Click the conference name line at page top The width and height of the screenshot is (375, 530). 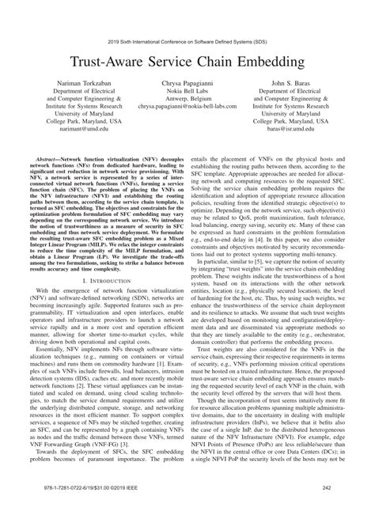[187, 38]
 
